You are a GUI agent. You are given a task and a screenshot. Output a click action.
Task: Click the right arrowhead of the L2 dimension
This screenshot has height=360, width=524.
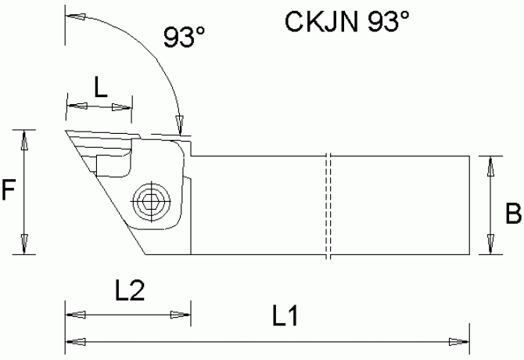pyautogui.click(x=180, y=315)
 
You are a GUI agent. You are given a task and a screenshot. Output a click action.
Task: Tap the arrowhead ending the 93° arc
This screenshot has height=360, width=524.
pyautogui.click(x=179, y=124)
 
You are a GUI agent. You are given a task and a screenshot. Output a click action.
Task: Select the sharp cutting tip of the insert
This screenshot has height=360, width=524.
pyautogui.click(x=65, y=131)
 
